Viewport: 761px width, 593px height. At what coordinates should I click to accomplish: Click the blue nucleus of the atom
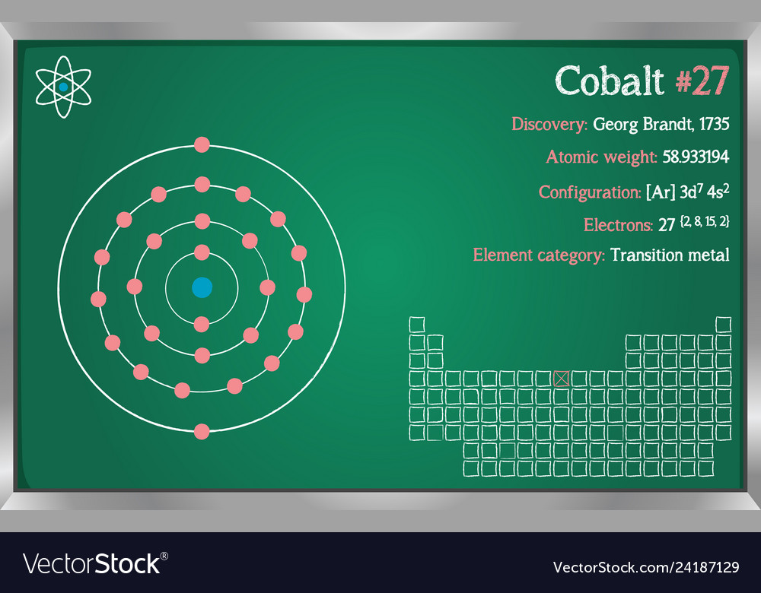coord(202,287)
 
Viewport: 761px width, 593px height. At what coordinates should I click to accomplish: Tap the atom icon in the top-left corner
coord(63,87)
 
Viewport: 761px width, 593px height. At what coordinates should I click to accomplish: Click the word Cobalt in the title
coord(609,81)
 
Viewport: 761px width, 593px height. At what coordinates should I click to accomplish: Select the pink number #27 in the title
coord(702,81)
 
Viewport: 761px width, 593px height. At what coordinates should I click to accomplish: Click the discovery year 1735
coord(712,124)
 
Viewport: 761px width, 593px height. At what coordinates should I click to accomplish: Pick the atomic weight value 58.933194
coord(696,157)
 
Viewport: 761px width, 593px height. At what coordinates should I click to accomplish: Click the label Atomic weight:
coord(601,157)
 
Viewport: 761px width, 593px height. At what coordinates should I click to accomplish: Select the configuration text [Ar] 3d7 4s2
coord(687,192)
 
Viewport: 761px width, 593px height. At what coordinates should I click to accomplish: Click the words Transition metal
coord(670,255)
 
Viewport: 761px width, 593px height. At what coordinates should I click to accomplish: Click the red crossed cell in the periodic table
coord(562,378)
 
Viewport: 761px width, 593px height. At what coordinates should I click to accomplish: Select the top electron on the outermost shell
coord(202,144)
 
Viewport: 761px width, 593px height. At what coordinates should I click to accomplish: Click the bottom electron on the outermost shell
coord(202,431)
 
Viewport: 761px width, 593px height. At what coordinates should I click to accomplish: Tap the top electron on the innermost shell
coord(202,252)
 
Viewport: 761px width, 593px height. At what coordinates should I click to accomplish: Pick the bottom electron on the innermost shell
coord(202,324)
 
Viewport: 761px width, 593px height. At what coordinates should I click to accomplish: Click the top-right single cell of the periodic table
coord(723,325)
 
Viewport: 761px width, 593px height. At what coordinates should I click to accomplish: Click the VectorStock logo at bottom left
coord(94,563)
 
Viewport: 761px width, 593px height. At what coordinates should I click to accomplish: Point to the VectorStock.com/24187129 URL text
coord(645,567)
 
